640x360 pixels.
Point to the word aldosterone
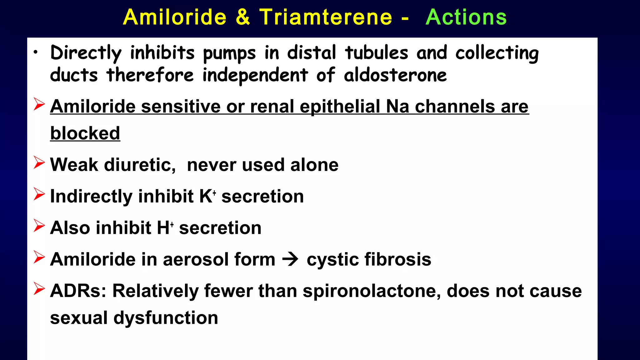point(395,75)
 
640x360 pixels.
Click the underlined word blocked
point(85,133)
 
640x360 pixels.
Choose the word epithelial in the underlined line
point(340,107)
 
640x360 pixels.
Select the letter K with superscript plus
point(207,196)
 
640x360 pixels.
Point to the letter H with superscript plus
point(164,227)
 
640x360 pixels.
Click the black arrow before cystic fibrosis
point(290,259)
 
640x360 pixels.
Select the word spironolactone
point(372,291)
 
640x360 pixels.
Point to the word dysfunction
point(166,318)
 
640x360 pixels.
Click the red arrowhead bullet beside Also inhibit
point(39,226)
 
